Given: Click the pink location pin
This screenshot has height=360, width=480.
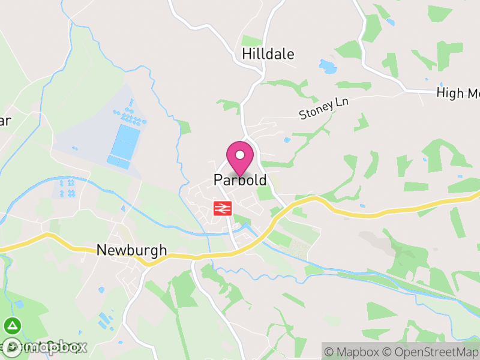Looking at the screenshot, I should [x=240, y=158].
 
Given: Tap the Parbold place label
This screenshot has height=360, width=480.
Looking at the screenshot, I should [x=240, y=181].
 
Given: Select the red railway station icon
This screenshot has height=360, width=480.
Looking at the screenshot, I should [x=222, y=209].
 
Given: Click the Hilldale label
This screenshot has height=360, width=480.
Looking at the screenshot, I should [x=268, y=54].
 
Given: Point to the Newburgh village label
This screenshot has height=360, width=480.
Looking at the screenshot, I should [x=131, y=251].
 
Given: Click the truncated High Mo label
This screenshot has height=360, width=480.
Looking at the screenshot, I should [x=458, y=93].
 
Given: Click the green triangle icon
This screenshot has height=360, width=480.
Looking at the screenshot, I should [x=11, y=326].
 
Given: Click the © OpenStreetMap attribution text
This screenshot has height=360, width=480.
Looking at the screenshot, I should [x=430, y=351].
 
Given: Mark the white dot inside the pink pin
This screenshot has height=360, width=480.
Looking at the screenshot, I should [x=240, y=155].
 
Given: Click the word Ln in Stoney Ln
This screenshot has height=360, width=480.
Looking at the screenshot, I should [x=342, y=103].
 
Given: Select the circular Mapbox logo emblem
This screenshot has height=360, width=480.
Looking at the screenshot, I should [x=12, y=347].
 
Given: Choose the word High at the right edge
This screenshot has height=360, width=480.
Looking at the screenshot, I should [x=449, y=93].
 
